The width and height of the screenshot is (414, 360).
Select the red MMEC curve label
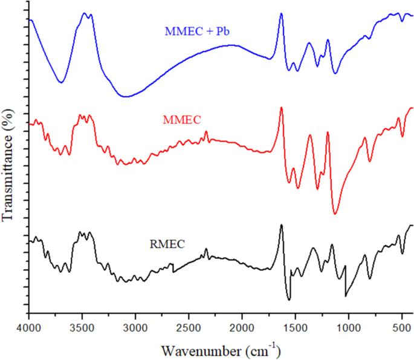point(182,120)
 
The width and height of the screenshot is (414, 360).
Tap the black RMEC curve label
point(167,245)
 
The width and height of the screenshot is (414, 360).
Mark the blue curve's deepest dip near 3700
point(60,82)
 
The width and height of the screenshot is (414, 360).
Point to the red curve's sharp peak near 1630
point(281,108)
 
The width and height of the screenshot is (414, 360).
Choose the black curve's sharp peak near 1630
point(281,225)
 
